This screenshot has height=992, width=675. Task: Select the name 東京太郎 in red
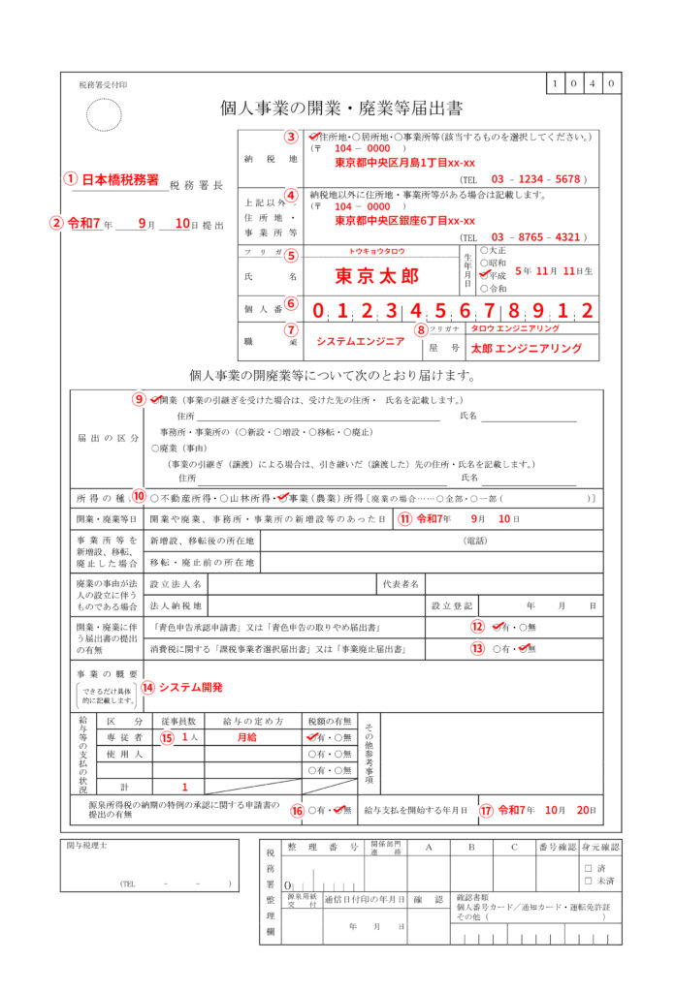click(x=377, y=275)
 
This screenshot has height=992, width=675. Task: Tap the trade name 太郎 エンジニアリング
click(x=526, y=348)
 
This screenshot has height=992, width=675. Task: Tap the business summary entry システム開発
click(x=191, y=687)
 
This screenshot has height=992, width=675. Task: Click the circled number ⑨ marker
click(x=140, y=399)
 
